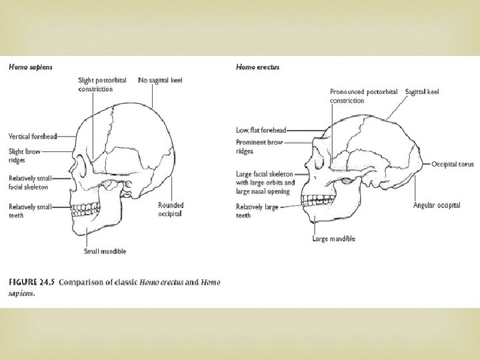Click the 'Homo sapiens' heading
coord(30,67)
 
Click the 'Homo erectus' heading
coord(257,67)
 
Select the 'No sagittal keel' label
coord(160,81)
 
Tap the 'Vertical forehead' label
coord(32,136)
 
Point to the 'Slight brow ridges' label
coord(25,155)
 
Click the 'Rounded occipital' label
coord(170,209)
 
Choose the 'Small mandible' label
coord(105,251)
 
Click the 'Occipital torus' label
coord(452,163)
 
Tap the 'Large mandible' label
coord(333,239)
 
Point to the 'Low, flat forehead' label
coord(260,129)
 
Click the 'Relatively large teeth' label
coord(257,211)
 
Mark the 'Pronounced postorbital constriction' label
coord(363,95)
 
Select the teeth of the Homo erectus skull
coord(313,198)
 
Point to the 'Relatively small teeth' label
coord(29,211)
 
